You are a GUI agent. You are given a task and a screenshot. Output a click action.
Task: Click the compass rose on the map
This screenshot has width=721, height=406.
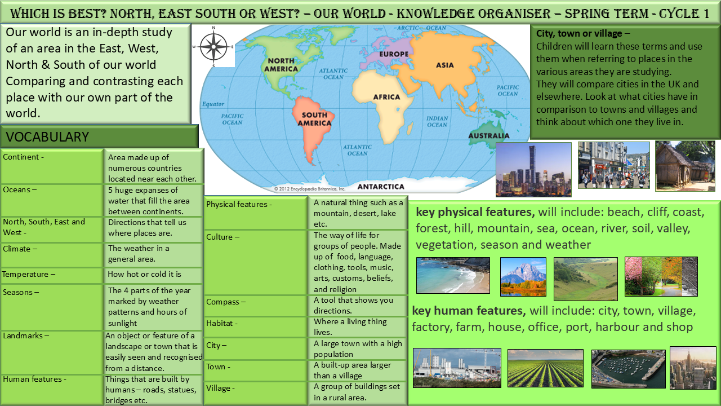click(x=213, y=47)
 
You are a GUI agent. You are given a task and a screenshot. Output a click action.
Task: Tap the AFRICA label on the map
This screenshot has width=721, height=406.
click(x=386, y=97)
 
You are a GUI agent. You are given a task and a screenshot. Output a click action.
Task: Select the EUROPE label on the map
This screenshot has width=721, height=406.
click(x=394, y=54)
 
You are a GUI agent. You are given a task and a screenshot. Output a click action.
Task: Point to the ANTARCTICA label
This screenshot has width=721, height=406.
click(x=381, y=187)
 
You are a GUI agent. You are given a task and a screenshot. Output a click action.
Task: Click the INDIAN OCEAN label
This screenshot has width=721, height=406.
click(x=437, y=121)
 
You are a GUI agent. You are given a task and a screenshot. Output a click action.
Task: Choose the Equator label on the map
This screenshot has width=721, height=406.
click(x=213, y=104)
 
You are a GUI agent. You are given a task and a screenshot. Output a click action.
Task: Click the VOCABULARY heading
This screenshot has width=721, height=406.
click(x=47, y=137)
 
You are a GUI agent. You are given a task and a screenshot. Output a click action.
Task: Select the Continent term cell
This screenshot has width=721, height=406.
click(x=52, y=166)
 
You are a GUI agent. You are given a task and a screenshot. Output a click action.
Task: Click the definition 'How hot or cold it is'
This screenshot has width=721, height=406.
click(x=144, y=274)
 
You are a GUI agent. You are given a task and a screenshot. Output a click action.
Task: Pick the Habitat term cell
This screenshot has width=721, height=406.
click(x=255, y=326)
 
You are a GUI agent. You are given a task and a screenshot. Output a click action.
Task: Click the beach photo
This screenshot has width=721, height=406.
click(x=453, y=276)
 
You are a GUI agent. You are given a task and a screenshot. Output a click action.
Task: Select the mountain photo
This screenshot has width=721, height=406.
click(x=523, y=277)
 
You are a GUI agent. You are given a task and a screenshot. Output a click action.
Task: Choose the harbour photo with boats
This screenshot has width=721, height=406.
click(x=628, y=369)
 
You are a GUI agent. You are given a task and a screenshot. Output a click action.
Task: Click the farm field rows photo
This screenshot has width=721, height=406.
click(x=545, y=368)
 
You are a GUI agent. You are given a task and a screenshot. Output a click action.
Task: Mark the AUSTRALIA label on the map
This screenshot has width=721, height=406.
click(x=488, y=136)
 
